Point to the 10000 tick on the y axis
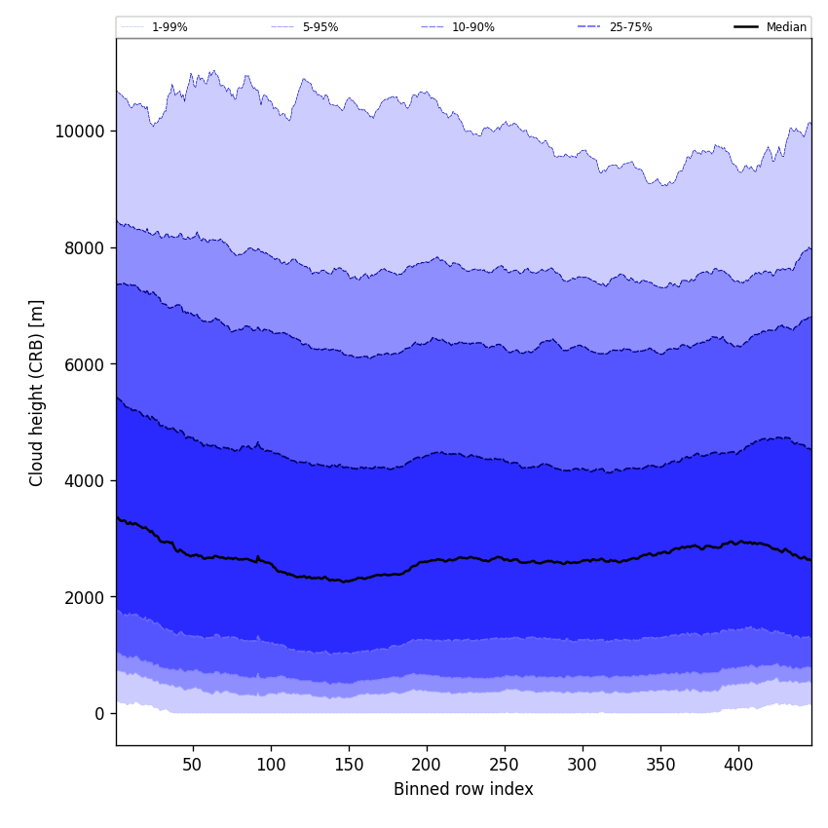pos(80,132)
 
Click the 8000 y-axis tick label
pos(84,247)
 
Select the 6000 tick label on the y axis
pos(84,364)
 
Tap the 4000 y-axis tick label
pos(84,480)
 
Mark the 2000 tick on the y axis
pos(84,597)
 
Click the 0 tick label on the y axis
pos(99,714)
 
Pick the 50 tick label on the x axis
pos(193,765)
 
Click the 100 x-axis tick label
pos(271,765)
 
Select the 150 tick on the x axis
pos(349,765)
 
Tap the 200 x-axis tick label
pos(427,765)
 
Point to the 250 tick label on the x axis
pos(505,765)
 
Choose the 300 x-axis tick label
pos(583,765)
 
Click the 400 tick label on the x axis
pos(738,765)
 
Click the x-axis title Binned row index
pos(464,790)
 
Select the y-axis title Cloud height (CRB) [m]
pos(37,393)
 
